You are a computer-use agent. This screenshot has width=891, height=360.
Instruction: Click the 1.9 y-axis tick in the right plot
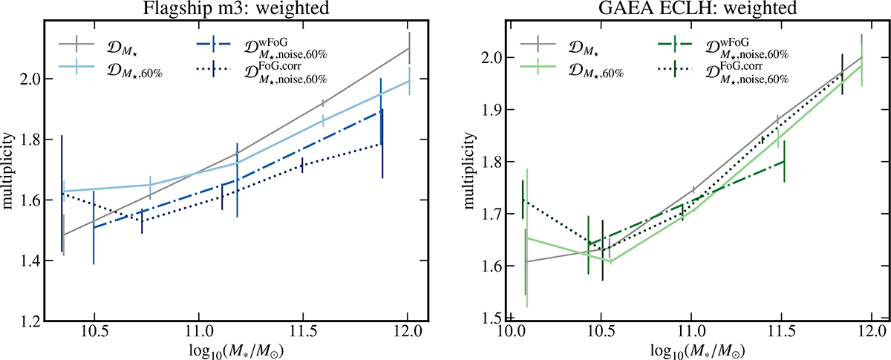coord(487,110)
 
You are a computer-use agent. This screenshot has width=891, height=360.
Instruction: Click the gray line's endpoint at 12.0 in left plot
coord(409,48)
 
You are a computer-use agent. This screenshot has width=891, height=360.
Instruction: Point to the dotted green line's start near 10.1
coord(523,200)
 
